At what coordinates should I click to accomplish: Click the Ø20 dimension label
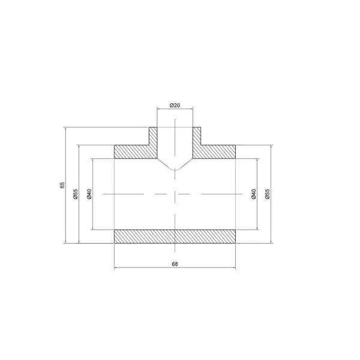[175, 105]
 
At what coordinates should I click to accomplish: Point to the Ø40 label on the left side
[89, 194]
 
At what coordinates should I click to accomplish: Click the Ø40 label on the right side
[254, 194]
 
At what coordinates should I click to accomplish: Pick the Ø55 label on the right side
[268, 194]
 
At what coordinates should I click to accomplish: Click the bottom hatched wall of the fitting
[175, 236]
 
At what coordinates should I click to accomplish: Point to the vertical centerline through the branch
[175, 210]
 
